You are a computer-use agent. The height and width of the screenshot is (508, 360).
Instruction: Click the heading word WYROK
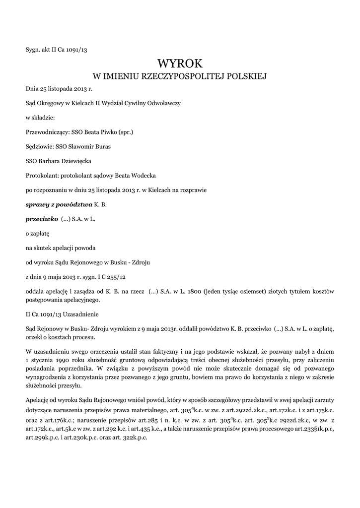pyautogui.click(x=180, y=63)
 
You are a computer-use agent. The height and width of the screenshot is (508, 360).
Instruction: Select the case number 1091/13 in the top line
pyautogui.click(x=75, y=49)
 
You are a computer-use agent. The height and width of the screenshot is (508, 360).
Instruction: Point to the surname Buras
pyautogui.click(x=100, y=147)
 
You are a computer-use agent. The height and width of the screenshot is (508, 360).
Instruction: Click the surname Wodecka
pyautogui.click(x=143, y=176)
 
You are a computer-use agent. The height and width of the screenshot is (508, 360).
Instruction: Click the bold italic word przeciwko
pyautogui.click(x=42, y=218)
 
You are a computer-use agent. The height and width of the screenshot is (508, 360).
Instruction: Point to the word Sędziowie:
pyautogui.click(x=40, y=147)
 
